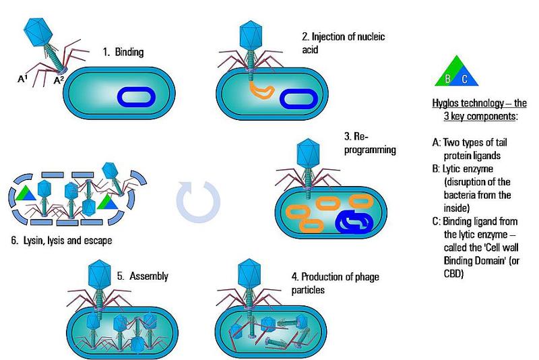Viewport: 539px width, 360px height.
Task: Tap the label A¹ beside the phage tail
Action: coord(22,79)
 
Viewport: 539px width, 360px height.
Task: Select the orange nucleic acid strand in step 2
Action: coord(260,90)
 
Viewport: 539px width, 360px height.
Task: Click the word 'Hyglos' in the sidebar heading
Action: coord(447,104)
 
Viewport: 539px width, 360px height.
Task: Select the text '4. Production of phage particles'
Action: coord(340,282)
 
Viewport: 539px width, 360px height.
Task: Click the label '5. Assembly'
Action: coord(142,276)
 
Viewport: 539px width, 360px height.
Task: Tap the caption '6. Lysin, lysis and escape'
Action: coord(61,240)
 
